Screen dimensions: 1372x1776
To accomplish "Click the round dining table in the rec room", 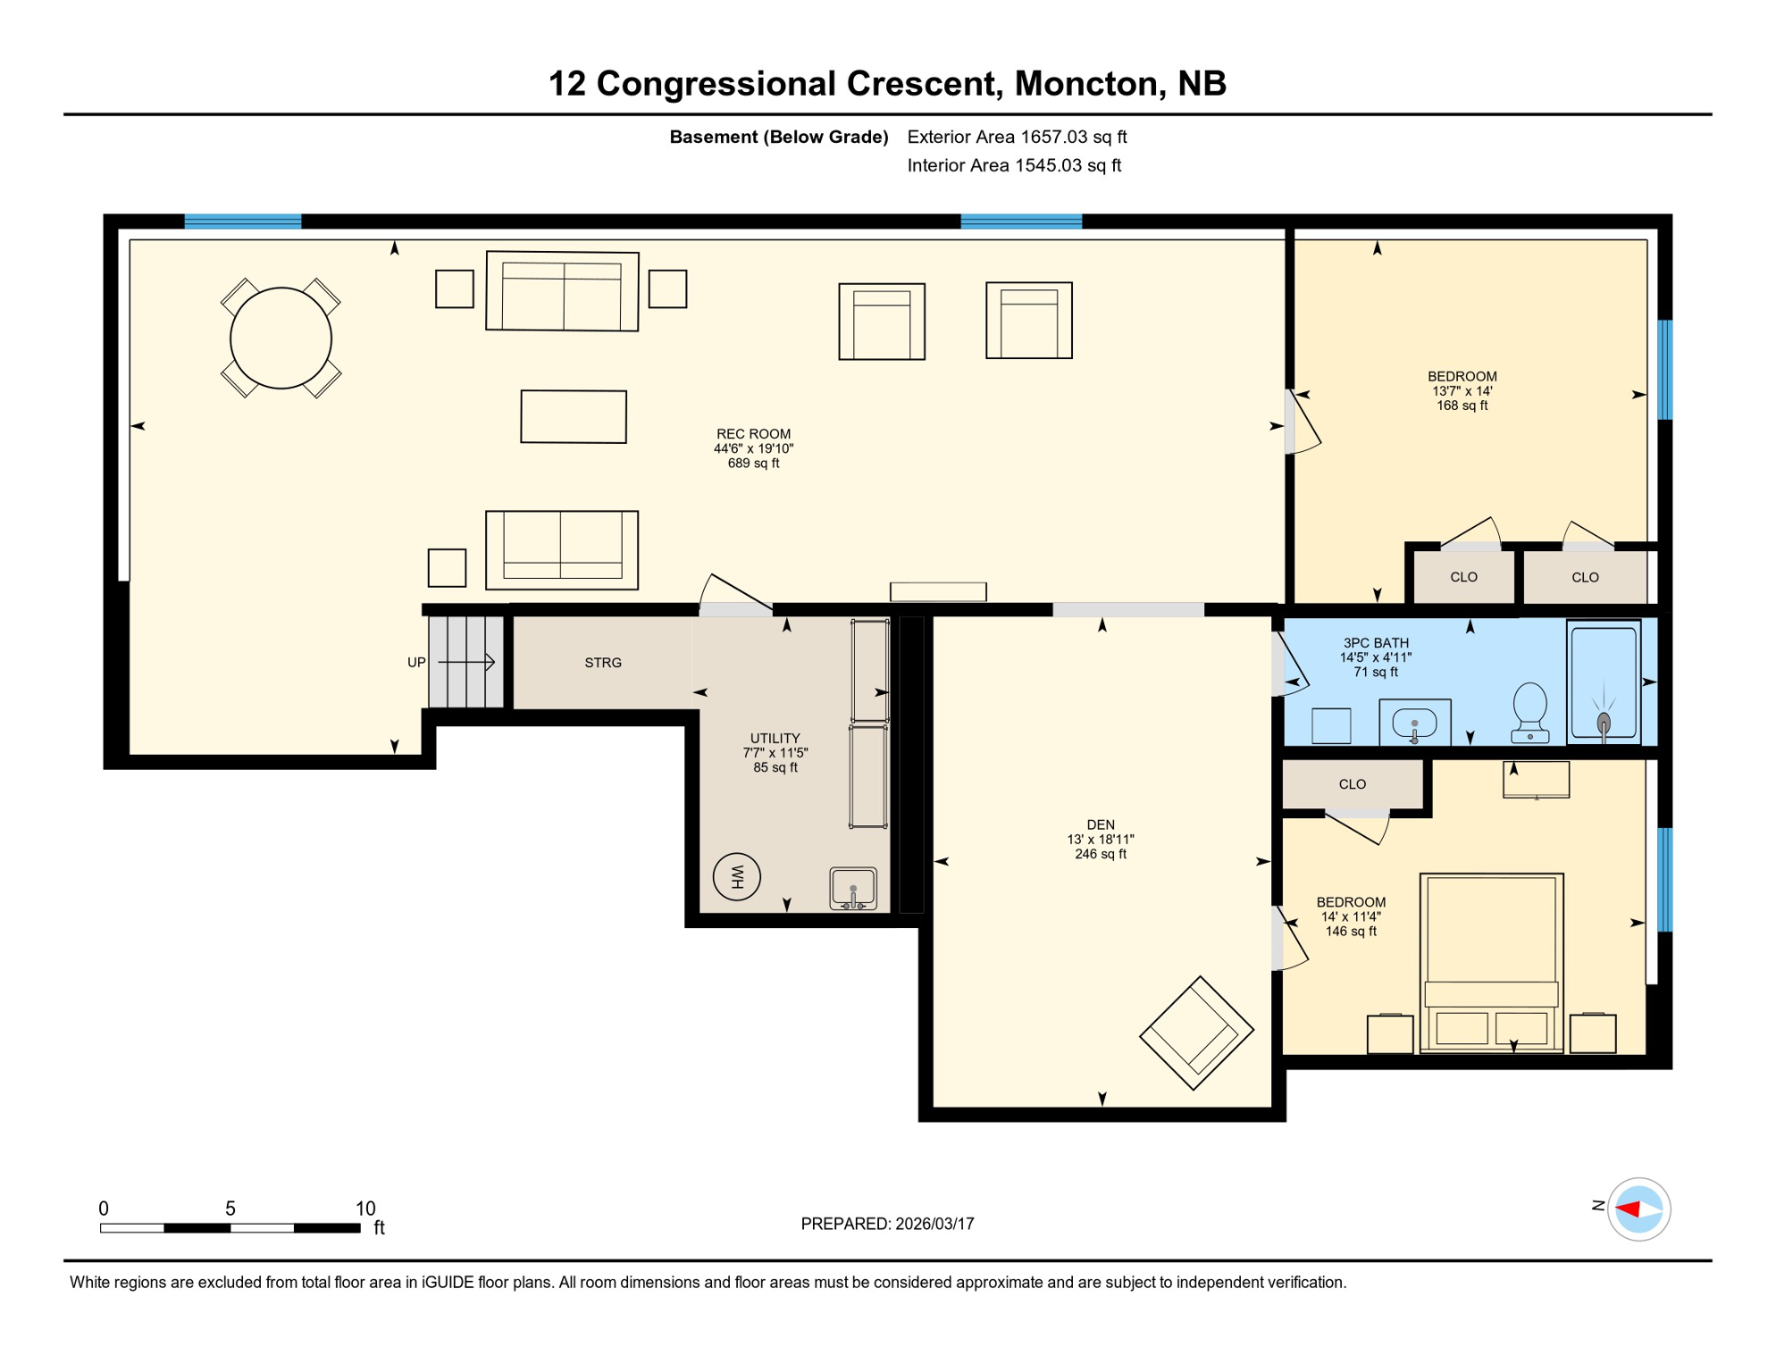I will tap(281, 339).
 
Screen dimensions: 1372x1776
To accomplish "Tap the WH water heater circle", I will tap(737, 876).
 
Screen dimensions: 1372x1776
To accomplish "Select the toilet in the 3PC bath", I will tap(1530, 712).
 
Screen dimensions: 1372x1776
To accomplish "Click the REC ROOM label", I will tap(753, 435).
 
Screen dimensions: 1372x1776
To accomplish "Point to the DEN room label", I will tap(1101, 824).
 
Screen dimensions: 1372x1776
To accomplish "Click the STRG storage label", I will tap(603, 663).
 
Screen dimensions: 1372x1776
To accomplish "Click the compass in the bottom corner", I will tap(1638, 1209).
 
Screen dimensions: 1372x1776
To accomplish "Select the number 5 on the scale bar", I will tap(230, 1209).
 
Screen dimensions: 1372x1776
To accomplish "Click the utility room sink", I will tap(853, 889).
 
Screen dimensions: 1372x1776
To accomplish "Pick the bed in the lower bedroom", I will tap(1491, 961).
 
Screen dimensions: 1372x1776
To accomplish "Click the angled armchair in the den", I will tap(1196, 1033).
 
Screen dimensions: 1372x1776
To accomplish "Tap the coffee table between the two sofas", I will tap(574, 416).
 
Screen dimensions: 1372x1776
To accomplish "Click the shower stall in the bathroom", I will tap(1604, 682).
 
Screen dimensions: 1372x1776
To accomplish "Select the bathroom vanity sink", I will tap(1414, 722).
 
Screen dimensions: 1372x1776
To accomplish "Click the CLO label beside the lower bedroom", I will tap(1352, 784).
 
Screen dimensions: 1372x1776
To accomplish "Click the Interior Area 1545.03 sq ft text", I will tap(1014, 165).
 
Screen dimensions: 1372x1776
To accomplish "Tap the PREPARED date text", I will tap(887, 1224).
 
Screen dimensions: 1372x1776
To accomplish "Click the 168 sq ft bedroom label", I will tap(1462, 391).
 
